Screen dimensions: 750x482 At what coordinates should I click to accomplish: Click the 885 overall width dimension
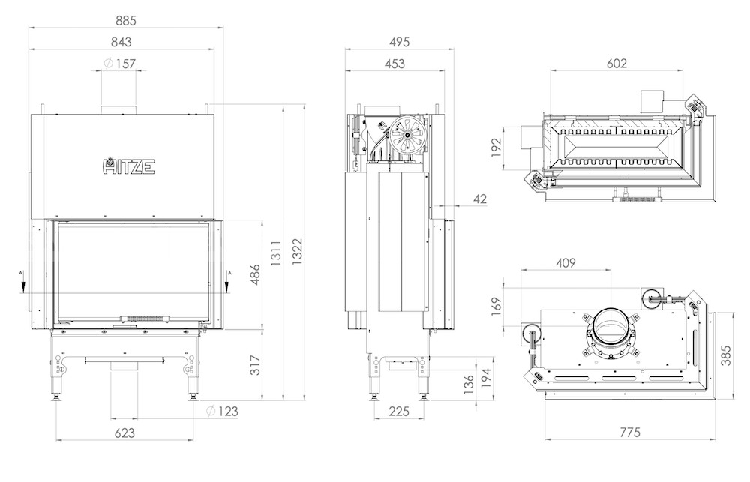click(x=126, y=20)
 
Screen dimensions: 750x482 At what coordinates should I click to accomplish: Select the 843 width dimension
click(x=121, y=42)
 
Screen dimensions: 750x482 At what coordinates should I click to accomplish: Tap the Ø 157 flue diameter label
click(x=120, y=64)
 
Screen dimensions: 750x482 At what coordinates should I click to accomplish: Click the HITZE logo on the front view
click(x=129, y=166)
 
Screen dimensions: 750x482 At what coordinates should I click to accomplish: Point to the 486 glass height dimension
click(x=256, y=274)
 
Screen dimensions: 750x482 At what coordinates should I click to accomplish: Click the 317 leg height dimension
click(x=256, y=365)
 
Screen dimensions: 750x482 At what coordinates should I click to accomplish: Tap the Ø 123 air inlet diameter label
click(x=223, y=411)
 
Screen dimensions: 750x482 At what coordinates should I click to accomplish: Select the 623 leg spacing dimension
click(x=124, y=433)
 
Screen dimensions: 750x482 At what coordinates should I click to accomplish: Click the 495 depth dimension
click(x=399, y=42)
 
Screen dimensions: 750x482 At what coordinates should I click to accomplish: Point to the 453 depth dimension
click(x=394, y=64)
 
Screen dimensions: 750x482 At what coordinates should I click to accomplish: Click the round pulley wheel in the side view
click(x=407, y=135)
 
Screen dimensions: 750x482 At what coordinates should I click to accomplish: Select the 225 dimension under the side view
click(x=399, y=411)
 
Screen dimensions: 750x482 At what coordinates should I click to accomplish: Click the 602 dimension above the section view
click(x=616, y=64)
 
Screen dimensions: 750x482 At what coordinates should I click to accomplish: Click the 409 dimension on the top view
click(x=565, y=262)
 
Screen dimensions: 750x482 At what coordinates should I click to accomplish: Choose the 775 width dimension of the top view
click(x=629, y=433)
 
